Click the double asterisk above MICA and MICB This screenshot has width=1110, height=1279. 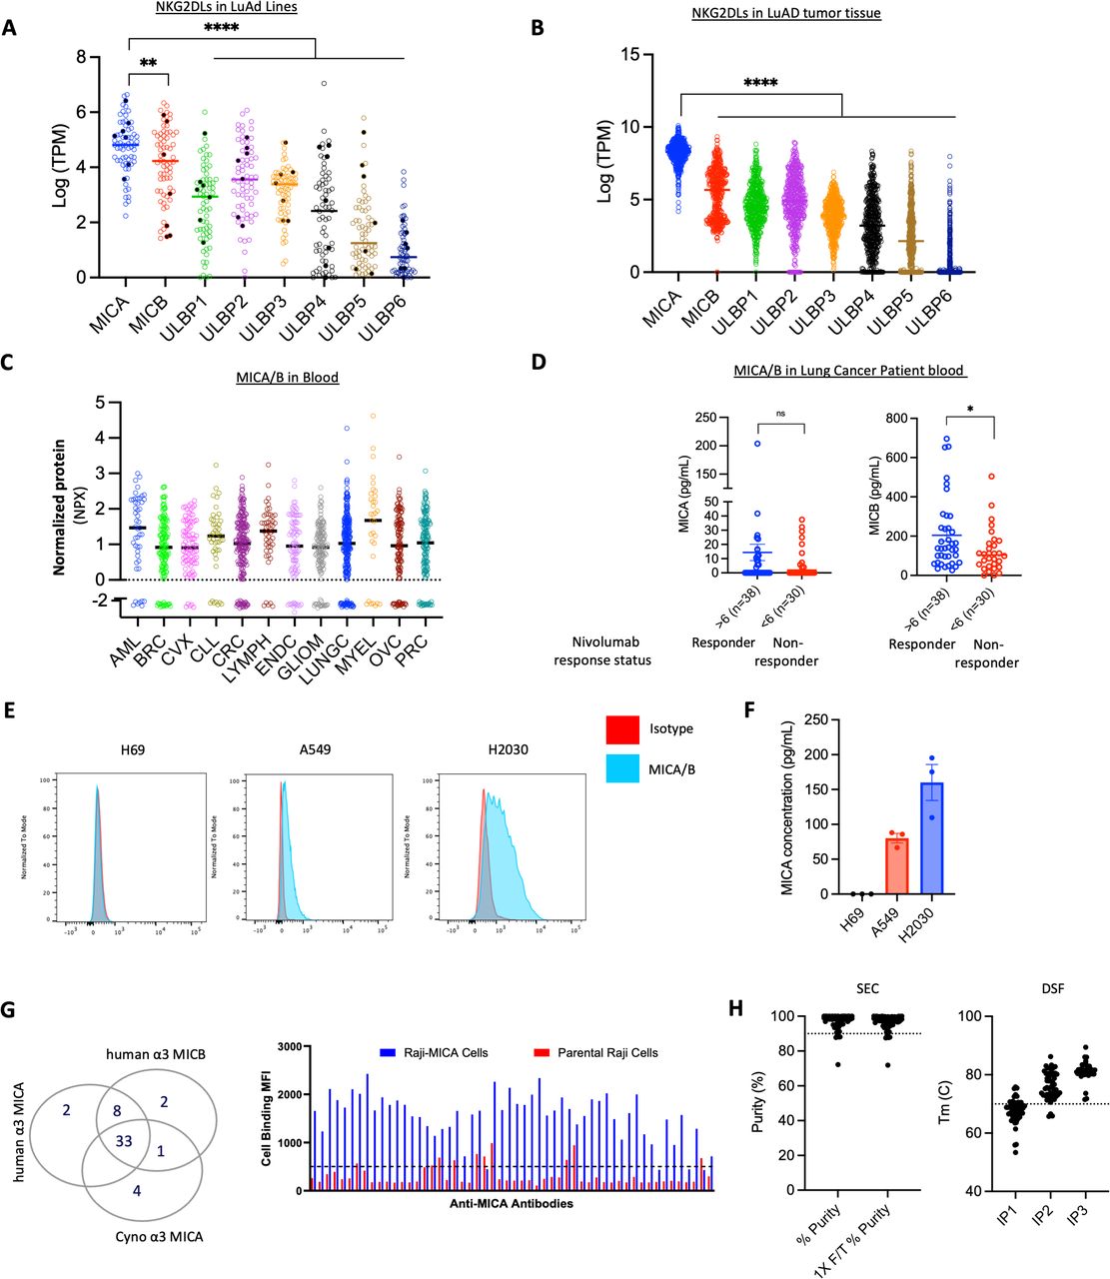148,64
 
